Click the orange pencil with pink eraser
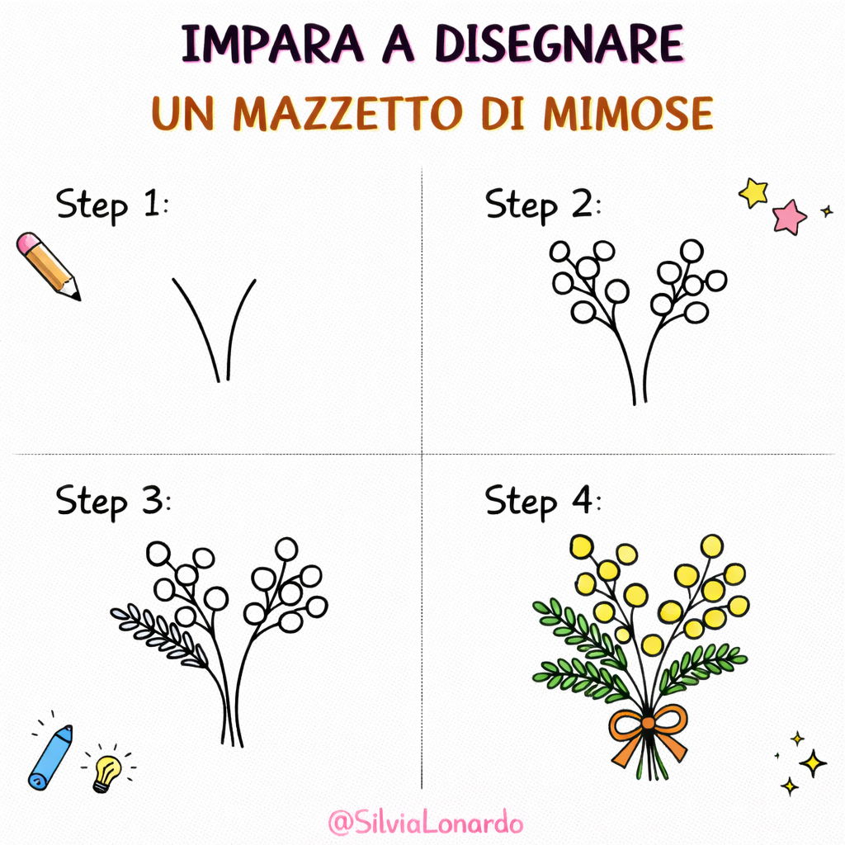[49, 266]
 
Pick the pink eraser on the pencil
[28, 243]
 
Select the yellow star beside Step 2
[753, 193]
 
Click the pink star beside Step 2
[790, 217]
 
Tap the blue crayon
[50, 757]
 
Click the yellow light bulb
[106, 772]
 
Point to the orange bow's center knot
[649, 724]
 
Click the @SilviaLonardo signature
[425, 823]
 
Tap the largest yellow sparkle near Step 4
[813, 762]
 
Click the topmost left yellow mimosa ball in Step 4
[582, 546]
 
